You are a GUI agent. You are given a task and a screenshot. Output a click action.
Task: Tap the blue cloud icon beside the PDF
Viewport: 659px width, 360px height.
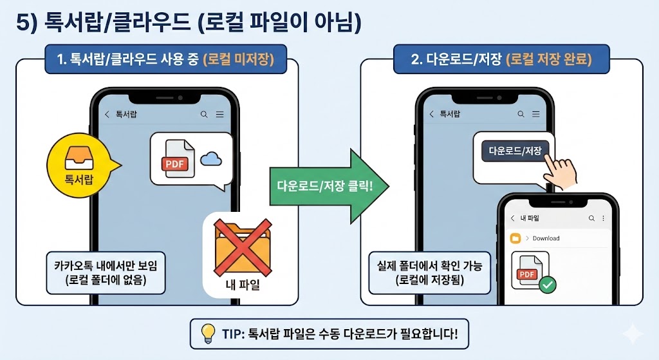(210, 159)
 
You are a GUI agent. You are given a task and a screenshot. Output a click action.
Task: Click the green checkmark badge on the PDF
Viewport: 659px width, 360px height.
(548, 283)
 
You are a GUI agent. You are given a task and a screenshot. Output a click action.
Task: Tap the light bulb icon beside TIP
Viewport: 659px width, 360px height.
(208, 333)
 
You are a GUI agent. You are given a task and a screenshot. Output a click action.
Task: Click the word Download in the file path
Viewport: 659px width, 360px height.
(546, 238)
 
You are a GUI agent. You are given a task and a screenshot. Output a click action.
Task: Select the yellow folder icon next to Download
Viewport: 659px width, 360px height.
(515, 238)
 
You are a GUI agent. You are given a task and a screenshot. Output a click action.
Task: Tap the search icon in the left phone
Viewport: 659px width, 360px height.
(204, 115)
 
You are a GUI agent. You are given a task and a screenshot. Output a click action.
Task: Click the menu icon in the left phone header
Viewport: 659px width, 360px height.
(220, 115)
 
